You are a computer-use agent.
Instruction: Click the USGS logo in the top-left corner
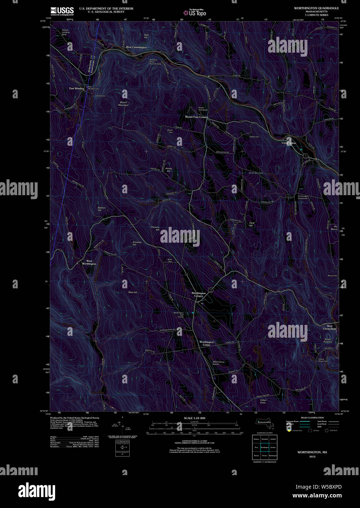point(62,11)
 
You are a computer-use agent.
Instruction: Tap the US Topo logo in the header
point(195,13)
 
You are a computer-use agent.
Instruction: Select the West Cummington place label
point(136,47)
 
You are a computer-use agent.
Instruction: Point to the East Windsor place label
point(77,88)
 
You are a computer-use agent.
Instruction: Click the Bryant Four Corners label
point(196,117)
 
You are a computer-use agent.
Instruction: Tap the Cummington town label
point(289,143)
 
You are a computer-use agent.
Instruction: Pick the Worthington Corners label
point(199,294)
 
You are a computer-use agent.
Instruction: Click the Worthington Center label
point(206,344)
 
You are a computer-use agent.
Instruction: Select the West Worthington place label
point(89,262)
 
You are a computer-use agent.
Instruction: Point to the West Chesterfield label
point(329,327)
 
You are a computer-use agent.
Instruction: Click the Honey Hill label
point(169,170)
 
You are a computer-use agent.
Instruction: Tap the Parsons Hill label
point(155,228)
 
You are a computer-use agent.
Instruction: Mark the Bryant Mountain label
point(123,104)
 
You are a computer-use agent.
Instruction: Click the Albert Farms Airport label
point(218,363)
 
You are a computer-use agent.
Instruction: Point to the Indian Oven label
point(263,401)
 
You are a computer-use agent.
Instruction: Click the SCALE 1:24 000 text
point(195,418)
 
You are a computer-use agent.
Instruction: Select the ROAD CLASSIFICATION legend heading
point(312,418)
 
